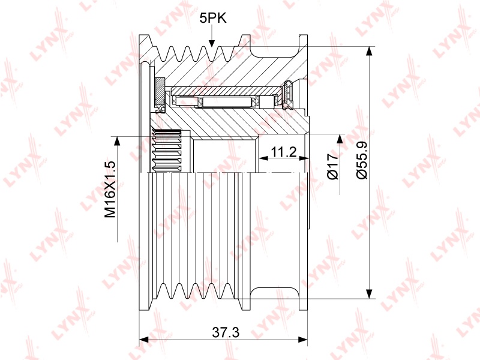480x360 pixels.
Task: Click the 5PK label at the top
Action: tap(213, 19)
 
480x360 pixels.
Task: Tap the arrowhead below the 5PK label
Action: tap(212, 44)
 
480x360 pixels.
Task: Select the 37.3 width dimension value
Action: tap(226, 332)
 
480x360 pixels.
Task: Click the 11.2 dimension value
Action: tap(284, 152)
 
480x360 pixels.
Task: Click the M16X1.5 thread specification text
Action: tap(110, 189)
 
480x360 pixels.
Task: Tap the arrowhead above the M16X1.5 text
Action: tap(116, 140)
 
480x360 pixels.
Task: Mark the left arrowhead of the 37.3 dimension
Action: tap(143, 340)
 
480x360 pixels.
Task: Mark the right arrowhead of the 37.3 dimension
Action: tap(303, 340)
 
